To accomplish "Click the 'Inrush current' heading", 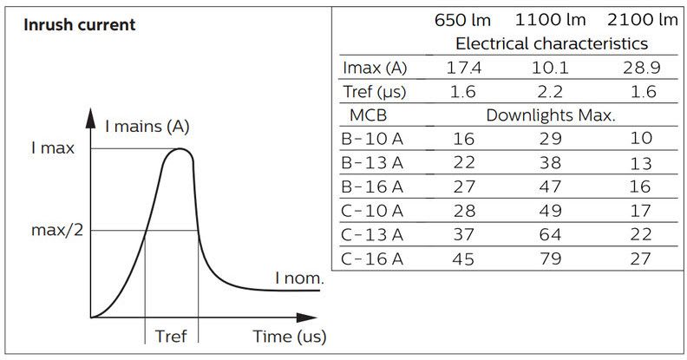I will coord(79,24).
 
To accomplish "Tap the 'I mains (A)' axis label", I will coord(147,128).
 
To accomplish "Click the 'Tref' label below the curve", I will coord(171,336).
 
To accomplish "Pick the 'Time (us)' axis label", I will coord(290,336).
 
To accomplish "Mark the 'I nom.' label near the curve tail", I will coord(299,278).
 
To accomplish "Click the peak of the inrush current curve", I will coord(180,149).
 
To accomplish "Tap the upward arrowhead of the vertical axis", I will coord(90,114).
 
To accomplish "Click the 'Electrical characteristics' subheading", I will coord(552,43).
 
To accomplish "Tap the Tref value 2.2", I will coord(552,91).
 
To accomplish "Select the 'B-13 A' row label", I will coord(373,163).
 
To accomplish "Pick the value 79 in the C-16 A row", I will coord(552,259).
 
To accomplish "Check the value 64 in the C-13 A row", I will coord(552,234).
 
